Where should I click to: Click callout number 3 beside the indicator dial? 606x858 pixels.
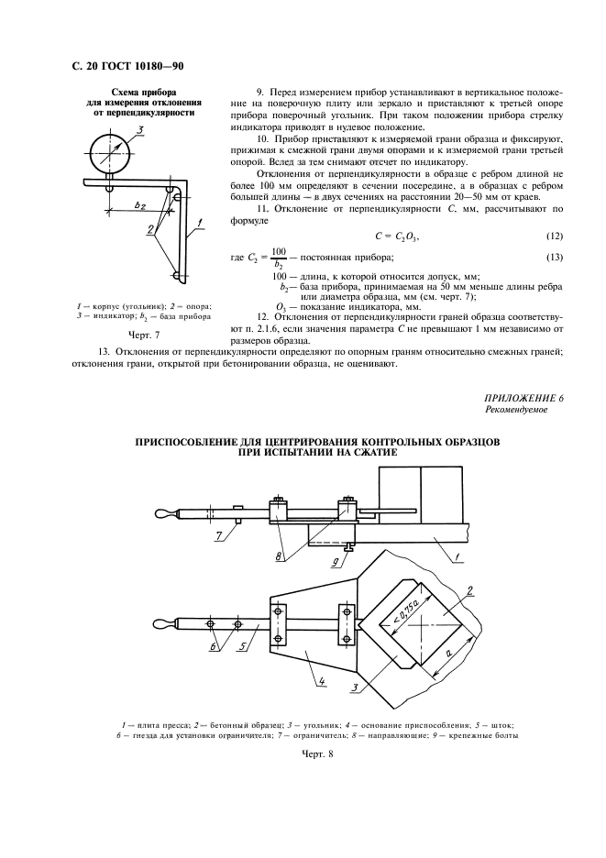click(139, 132)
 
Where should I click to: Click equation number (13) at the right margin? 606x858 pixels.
click(555, 257)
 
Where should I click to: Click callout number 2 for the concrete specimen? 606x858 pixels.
click(469, 589)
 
